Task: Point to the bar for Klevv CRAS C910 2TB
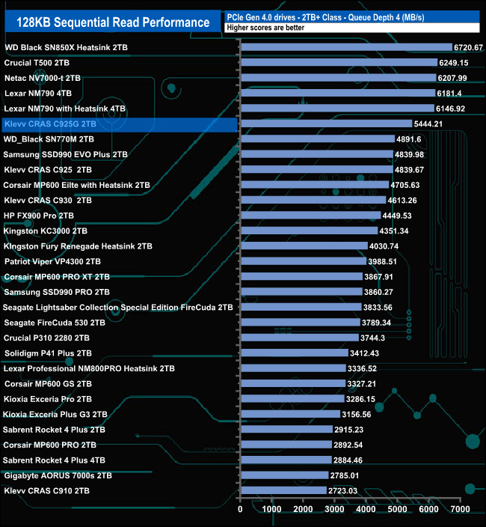(283, 490)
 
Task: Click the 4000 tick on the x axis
(366, 509)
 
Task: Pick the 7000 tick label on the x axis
(460, 509)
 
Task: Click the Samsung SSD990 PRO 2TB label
(57, 292)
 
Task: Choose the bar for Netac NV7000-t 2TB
(338, 78)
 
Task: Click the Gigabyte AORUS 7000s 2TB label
(58, 475)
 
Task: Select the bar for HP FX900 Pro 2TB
(310, 216)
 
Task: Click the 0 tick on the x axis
(240, 509)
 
